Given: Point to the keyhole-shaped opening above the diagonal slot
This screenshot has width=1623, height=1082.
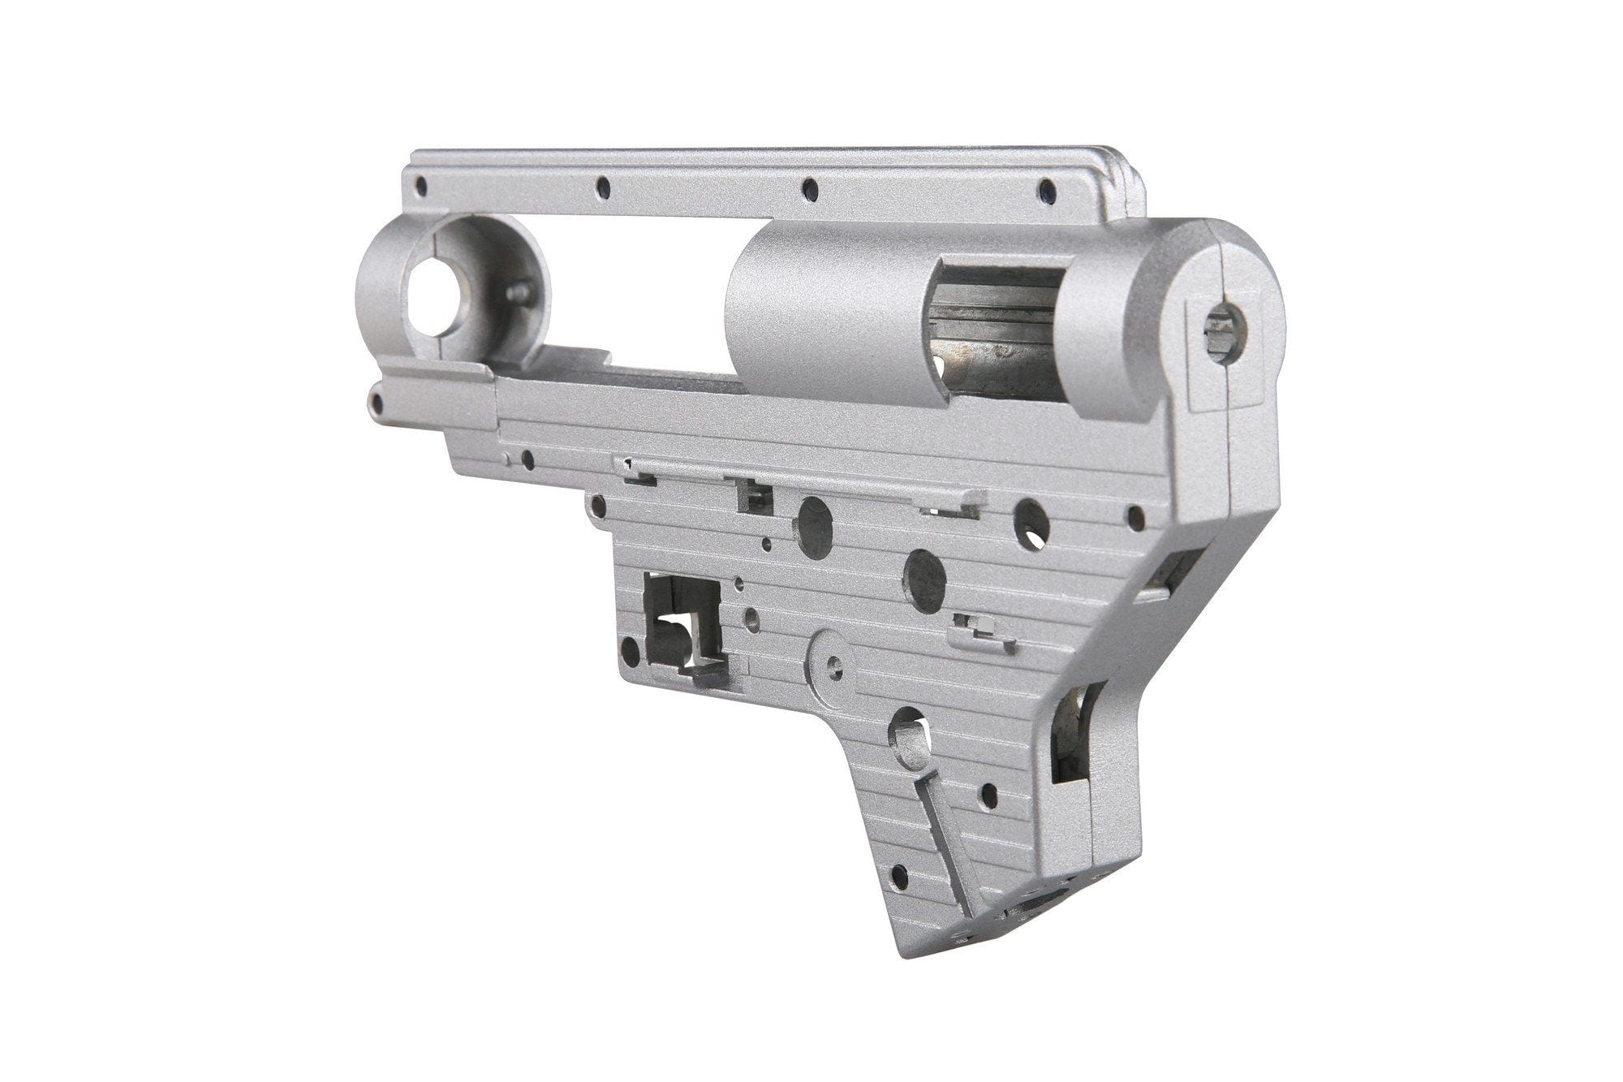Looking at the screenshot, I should [909, 736].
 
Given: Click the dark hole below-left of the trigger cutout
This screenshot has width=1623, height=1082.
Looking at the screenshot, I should [629, 648].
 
